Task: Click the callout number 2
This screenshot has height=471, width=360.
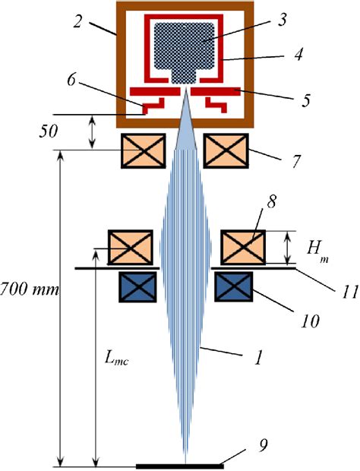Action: (x=77, y=21)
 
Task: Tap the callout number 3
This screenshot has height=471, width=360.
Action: (x=282, y=19)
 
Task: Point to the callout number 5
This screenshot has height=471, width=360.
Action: (x=305, y=100)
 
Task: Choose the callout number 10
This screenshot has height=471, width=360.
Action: (x=310, y=321)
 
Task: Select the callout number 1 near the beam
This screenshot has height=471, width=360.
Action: (x=258, y=357)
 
